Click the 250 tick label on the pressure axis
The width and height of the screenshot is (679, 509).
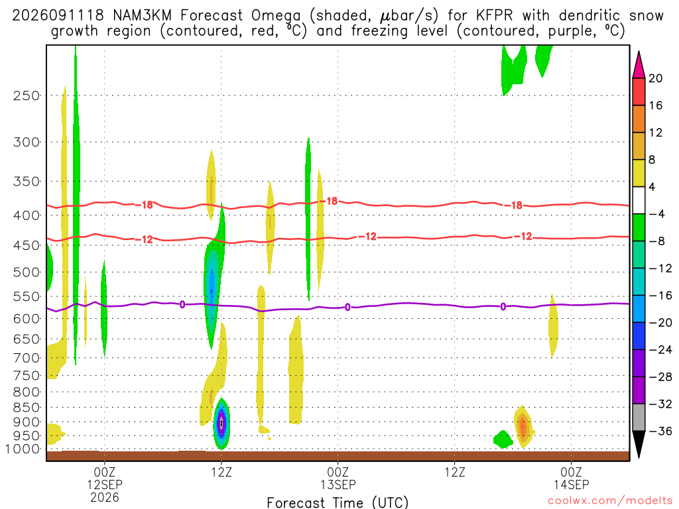pos(27,95)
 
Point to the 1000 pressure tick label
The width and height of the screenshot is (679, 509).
pos(22,449)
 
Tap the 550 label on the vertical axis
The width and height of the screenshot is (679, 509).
pos(27,297)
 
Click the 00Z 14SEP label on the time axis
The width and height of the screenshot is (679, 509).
pos(571,478)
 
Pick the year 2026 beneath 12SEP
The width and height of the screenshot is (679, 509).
pos(104,497)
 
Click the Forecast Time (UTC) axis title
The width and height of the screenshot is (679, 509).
pos(338,502)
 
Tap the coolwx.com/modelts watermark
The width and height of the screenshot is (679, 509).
pos(610,501)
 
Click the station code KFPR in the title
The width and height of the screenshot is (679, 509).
pos(494,16)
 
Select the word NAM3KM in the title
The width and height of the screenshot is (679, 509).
pos(142,16)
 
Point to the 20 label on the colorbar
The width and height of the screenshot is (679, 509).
pos(656,78)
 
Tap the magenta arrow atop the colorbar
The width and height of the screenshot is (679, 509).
pos(639,64)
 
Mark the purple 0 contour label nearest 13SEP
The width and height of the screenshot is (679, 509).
pos(347,308)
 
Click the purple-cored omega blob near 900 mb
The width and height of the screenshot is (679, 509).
pos(221,424)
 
